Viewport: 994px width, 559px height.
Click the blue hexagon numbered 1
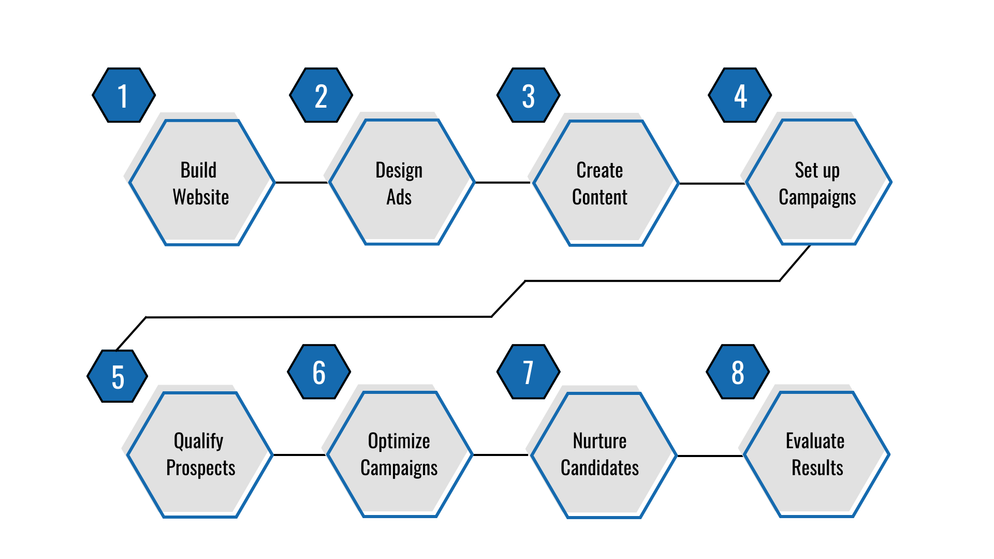pyautogui.click(x=124, y=95)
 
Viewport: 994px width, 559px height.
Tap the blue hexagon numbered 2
pyautogui.click(x=321, y=95)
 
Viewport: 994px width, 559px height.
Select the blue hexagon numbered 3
pyautogui.click(x=528, y=95)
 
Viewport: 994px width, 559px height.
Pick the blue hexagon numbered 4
pyautogui.click(x=740, y=95)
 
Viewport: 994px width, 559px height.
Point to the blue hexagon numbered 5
pyautogui.click(x=118, y=376)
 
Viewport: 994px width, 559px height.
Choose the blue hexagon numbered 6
pyautogui.click(x=319, y=372)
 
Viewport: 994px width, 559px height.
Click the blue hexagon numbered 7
pyautogui.click(x=528, y=372)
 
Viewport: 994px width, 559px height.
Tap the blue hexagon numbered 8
pyautogui.click(x=738, y=372)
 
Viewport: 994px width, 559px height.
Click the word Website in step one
pyautogui.click(x=201, y=197)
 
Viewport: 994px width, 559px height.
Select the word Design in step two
pyautogui.click(x=399, y=170)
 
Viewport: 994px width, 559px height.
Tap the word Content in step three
pyautogui.click(x=600, y=197)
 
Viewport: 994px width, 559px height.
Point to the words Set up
pyautogui.click(x=817, y=170)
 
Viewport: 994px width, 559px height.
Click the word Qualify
pyautogui.click(x=198, y=442)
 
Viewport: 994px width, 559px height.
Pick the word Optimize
pyautogui.click(x=399, y=442)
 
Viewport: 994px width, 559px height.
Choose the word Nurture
pyautogui.click(x=600, y=442)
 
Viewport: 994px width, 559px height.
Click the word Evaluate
pyautogui.click(x=815, y=442)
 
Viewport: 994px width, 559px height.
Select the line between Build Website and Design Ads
pyautogui.click(x=301, y=182)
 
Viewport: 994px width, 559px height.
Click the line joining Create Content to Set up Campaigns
pyautogui.click(x=712, y=183)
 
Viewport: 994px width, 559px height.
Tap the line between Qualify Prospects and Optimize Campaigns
pyautogui.click(x=299, y=455)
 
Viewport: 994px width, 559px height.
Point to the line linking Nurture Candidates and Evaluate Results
pyautogui.click(x=710, y=456)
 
